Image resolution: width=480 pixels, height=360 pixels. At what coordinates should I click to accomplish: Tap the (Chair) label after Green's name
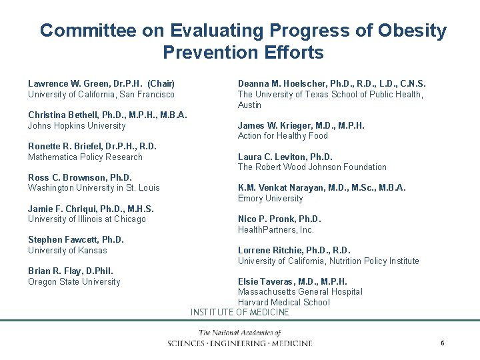click(161, 83)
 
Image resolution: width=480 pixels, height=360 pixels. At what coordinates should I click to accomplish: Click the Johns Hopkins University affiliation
click(77, 125)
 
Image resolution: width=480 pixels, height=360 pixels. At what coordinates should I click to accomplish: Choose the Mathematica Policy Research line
click(85, 157)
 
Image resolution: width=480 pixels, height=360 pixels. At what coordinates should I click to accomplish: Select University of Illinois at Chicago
click(87, 219)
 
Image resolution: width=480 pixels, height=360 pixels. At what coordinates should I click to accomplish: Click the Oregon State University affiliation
click(74, 282)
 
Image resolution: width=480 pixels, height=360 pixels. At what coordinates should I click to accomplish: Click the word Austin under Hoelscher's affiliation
click(250, 105)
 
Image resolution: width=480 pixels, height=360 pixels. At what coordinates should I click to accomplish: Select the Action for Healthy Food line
click(283, 136)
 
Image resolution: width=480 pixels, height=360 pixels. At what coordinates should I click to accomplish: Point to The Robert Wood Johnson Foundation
click(312, 167)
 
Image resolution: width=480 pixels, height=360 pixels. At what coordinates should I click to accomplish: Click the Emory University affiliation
click(270, 199)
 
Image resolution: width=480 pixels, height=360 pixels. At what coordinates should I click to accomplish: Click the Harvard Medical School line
click(284, 302)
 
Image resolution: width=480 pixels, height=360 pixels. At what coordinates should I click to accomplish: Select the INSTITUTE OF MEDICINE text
click(240, 312)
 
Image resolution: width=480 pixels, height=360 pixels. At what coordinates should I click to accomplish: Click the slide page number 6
click(442, 343)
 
